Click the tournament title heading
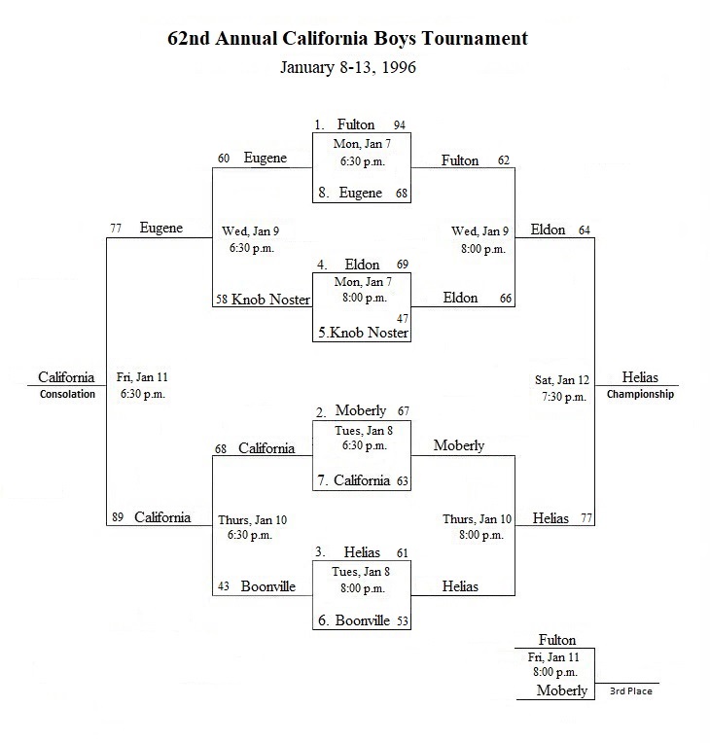[x=347, y=39]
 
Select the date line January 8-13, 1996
[x=348, y=67]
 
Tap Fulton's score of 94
[x=400, y=125]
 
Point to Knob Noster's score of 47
[x=403, y=318]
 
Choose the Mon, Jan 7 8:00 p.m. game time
[x=363, y=290]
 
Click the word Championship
[x=640, y=394]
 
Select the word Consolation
[x=67, y=394]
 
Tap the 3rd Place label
[x=631, y=691]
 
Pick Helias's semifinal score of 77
[x=586, y=518]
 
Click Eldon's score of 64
[x=585, y=230]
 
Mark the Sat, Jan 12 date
[x=562, y=380]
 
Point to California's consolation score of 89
[x=118, y=517]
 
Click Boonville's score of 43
[x=224, y=586]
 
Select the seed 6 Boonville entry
[x=354, y=620]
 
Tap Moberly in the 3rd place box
[x=561, y=690]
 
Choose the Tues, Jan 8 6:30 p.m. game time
[x=364, y=439]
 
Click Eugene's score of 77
[x=116, y=229]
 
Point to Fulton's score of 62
[x=504, y=160]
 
